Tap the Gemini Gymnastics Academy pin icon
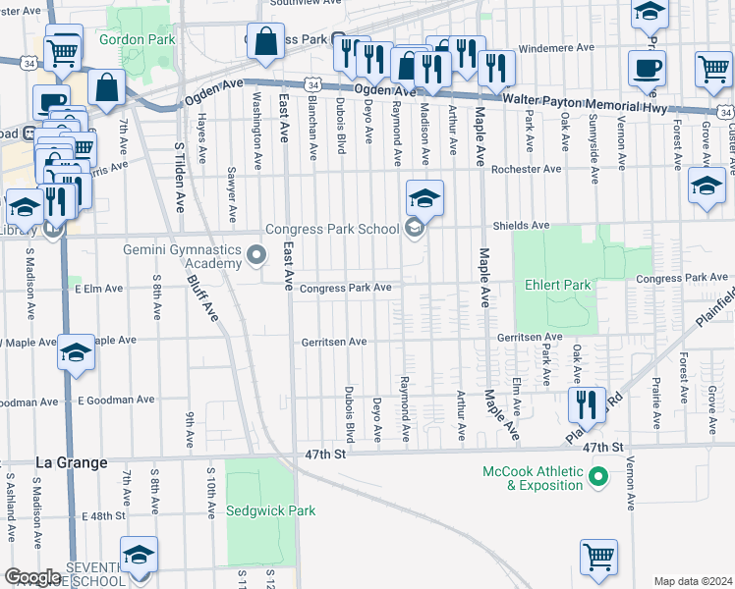256,256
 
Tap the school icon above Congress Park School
424,198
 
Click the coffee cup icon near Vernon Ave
647,69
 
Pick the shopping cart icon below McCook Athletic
598,558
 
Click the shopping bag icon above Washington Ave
265,41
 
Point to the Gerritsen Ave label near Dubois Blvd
333,342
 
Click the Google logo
32,577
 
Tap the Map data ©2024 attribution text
693,581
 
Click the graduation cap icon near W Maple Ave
76,353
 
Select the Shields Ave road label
521,225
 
